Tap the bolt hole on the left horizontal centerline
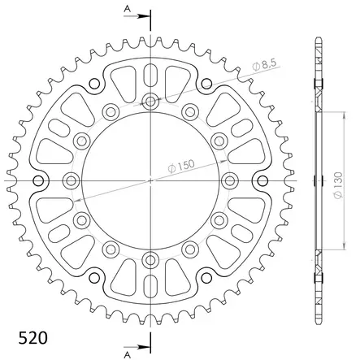(72, 180)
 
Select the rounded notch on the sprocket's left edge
(38, 180)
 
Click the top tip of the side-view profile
(318, 38)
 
